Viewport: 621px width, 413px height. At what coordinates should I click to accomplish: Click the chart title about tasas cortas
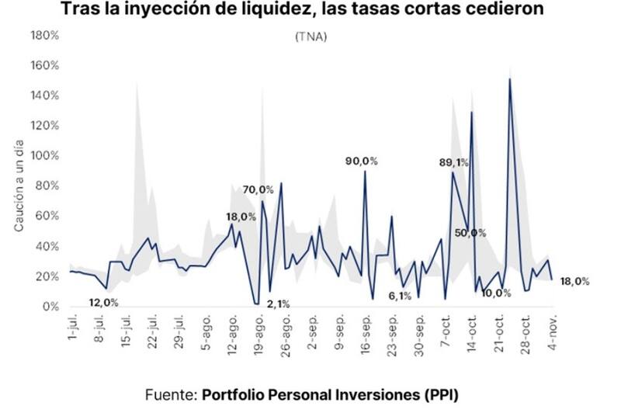pyautogui.click(x=310, y=12)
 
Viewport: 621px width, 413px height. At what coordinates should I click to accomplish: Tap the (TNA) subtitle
pyautogui.click(x=310, y=36)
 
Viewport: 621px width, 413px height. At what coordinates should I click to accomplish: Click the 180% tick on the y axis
pyautogui.click(x=44, y=36)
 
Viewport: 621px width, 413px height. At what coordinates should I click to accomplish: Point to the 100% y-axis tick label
pyautogui.click(x=44, y=156)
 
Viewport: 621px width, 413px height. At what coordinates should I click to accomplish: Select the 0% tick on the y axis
pyautogui.click(x=50, y=307)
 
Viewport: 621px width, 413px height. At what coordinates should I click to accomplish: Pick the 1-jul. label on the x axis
pyautogui.click(x=73, y=330)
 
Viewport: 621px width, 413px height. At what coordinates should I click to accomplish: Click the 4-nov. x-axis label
pyautogui.click(x=553, y=331)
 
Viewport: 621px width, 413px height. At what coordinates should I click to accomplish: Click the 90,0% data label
pyautogui.click(x=362, y=161)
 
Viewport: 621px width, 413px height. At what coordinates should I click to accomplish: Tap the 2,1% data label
pyautogui.click(x=277, y=304)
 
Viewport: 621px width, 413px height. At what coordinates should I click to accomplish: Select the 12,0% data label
pyautogui.click(x=103, y=302)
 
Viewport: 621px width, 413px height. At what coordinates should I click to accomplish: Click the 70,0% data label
pyautogui.click(x=258, y=189)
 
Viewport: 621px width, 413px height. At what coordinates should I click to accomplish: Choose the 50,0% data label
pyautogui.click(x=470, y=233)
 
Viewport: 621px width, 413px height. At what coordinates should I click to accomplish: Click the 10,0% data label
pyautogui.click(x=496, y=293)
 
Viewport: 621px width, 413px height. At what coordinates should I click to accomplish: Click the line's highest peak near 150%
pyautogui.click(x=509, y=79)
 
